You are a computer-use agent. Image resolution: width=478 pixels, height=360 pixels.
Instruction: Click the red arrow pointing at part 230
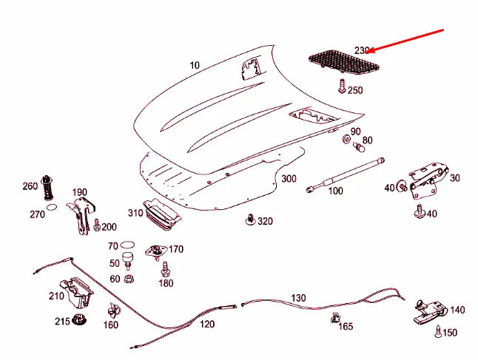(x=404, y=41)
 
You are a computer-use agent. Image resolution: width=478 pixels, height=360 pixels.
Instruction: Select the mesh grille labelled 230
(x=344, y=64)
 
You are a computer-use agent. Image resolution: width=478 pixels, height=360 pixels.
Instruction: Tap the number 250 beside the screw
(x=355, y=90)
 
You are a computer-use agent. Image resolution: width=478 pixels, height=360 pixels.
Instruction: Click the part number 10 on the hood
(x=195, y=65)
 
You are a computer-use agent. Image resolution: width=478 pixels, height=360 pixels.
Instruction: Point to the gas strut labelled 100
(x=345, y=174)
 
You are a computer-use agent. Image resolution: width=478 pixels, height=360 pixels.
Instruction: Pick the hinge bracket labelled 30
(x=429, y=180)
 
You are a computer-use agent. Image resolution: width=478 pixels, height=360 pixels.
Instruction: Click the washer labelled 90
(x=346, y=139)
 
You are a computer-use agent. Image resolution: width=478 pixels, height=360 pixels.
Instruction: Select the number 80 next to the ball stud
(x=367, y=140)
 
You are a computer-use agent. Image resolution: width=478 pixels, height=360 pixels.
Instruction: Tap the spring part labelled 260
(x=47, y=188)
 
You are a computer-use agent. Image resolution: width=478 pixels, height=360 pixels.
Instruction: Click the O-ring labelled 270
(x=52, y=207)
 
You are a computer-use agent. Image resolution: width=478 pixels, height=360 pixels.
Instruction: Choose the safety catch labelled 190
(x=81, y=215)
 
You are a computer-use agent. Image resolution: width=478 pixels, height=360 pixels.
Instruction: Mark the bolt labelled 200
(x=97, y=225)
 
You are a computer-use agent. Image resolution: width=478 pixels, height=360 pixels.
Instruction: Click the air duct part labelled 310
(x=162, y=214)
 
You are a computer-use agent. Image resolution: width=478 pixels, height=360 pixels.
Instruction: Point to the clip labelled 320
(x=250, y=220)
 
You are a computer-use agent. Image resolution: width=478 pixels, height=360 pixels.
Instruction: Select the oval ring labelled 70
(x=127, y=245)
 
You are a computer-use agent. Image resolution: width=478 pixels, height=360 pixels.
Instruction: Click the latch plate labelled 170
(x=156, y=252)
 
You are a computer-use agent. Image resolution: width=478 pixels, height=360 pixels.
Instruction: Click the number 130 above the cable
(x=298, y=298)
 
